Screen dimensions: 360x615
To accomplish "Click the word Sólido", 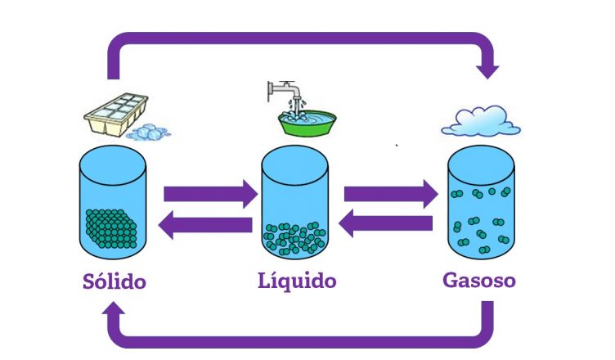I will click(114, 283).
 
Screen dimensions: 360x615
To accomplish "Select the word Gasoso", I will click(479, 281).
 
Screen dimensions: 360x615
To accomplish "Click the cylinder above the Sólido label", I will click(113, 201).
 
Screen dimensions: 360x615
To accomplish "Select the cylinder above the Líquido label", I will click(294, 203).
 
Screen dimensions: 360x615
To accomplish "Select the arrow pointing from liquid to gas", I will click(390, 195).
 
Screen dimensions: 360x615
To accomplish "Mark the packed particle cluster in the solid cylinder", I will click(113, 228).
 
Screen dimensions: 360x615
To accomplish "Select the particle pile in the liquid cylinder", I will click(294, 238).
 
